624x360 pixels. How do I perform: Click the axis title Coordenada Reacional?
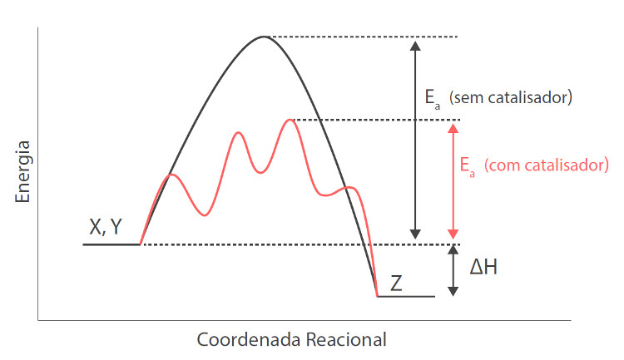291,340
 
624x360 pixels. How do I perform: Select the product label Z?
396,283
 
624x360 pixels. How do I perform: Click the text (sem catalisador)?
510,98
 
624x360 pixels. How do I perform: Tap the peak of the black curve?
264,37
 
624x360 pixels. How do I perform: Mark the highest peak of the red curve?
290,120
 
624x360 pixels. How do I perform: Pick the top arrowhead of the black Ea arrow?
418,43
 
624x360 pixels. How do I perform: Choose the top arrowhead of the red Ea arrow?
453,127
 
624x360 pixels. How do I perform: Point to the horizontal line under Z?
405,296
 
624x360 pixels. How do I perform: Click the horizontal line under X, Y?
111,244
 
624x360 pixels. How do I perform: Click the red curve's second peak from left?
240,132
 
